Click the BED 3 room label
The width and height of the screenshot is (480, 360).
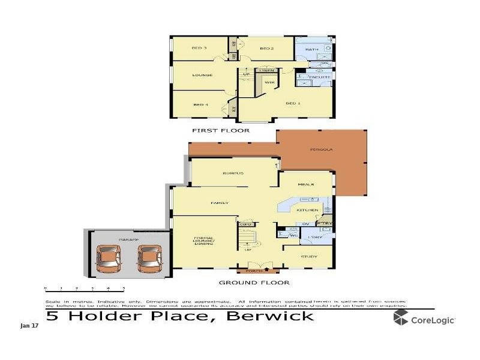point(199,48)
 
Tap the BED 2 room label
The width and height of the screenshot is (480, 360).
point(267,48)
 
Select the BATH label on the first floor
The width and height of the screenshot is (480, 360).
point(312,49)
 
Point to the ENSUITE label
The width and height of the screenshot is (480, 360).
point(319,78)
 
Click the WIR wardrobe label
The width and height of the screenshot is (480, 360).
point(269,82)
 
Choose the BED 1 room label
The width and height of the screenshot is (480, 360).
point(292,104)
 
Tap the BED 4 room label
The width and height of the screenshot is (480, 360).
point(200,105)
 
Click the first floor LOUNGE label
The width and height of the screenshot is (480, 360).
point(202,75)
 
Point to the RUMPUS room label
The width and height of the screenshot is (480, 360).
point(233,173)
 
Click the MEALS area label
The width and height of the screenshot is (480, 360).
point(306,184)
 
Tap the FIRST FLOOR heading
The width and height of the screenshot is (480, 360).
point(220,130)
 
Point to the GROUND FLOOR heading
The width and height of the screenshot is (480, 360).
point(254,283)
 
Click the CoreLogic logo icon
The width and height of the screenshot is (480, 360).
point(401,318)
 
